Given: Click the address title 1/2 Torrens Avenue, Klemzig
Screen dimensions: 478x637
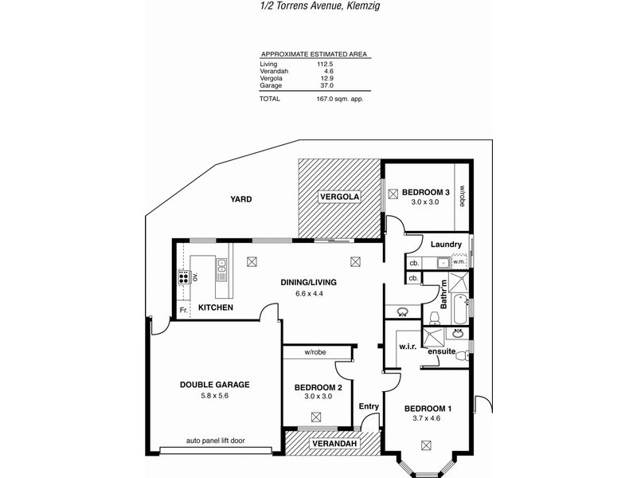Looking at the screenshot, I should click(318, 6).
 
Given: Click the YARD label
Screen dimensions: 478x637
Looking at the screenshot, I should click(240, 199).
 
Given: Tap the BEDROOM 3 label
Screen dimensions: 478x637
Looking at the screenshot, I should click(426, 192).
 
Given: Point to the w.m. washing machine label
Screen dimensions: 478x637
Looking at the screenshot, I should click(459, 261).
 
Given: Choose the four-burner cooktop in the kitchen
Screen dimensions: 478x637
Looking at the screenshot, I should click(183, 278).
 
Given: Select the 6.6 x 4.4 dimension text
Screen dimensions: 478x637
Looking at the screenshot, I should click(308, 294).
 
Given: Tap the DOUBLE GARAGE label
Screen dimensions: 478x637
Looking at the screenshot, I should click(214, 384).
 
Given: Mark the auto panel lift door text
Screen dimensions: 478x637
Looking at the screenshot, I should click(215, 441).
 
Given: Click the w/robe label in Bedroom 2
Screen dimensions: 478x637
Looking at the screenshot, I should click(316, 352).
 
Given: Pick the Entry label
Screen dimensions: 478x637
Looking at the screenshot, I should click(369, 407).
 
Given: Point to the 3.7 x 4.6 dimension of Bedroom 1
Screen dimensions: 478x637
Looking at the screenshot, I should click(427, 419).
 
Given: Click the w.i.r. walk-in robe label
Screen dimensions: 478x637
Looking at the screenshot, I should click(408, 347).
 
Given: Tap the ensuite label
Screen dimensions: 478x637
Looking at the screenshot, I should click(441, 351).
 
